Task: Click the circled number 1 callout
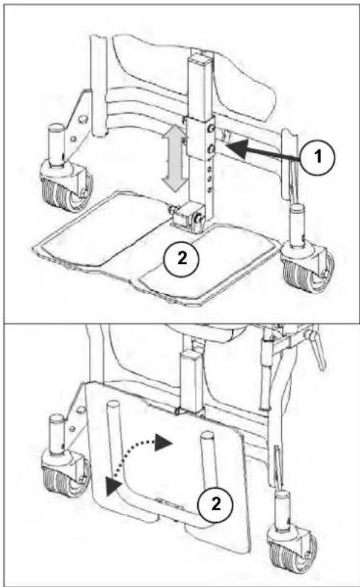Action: click(318, 156)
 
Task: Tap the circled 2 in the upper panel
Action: click(181, 259)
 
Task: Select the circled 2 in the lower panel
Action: click(215, 505)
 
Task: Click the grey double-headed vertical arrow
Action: click(174, 158)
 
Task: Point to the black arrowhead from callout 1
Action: click(237, 149)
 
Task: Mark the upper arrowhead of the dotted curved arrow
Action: click(163, 442)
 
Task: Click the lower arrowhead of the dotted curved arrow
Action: click(113, 486)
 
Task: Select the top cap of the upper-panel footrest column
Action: click(200, 59)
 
